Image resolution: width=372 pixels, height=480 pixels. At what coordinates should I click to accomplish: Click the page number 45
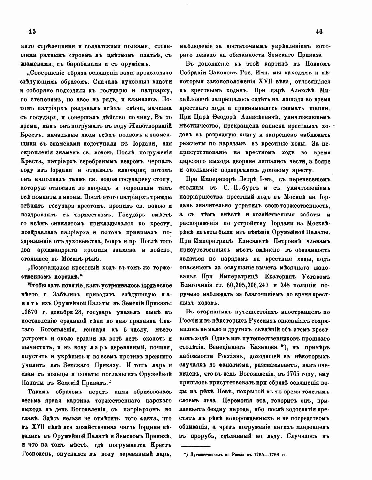point(32,31)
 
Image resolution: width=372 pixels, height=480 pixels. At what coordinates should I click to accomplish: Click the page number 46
point(319,31)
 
